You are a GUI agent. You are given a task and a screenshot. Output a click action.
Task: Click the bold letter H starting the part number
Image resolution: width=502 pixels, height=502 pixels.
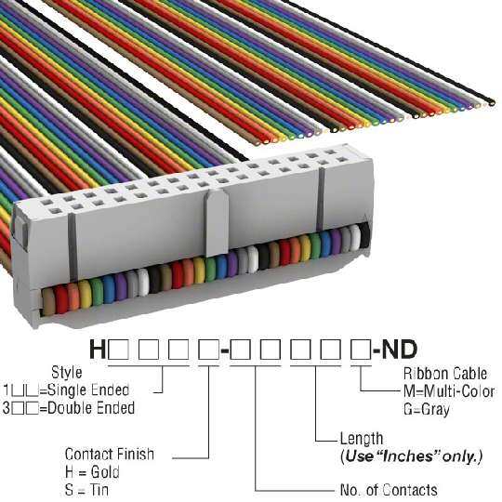click(98, 350)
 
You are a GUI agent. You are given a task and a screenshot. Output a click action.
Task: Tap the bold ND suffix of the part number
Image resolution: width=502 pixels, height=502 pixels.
click(400, 350)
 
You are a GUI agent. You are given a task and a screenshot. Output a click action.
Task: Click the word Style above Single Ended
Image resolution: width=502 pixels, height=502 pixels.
click(67, 373)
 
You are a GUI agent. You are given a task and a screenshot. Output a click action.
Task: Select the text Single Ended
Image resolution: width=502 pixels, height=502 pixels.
click(88, 390)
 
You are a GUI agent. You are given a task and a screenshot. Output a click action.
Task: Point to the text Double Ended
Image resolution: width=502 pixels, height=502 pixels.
click(91, 408)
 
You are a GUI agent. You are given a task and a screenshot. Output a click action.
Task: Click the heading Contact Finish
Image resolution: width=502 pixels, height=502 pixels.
click(110, 454)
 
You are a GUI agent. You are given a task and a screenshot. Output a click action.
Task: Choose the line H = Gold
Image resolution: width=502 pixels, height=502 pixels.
click(92, 472)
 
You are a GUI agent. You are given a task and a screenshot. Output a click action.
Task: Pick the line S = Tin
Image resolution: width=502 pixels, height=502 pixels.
click(86, 490)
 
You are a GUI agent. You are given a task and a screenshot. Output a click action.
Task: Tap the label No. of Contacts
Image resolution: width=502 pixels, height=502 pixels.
click(389, 490)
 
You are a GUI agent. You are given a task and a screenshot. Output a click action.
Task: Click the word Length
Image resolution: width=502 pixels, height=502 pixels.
click(362, 439)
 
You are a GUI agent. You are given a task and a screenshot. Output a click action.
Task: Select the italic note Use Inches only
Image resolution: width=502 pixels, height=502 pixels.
click(412, 456)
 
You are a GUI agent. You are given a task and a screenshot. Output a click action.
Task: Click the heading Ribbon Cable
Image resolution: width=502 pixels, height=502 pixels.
click(445, 374)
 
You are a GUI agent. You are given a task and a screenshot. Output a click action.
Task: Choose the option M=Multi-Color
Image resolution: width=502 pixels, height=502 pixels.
click(449, 391)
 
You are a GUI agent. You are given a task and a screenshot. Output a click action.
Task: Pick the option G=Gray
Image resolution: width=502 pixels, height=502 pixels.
click(426, 409)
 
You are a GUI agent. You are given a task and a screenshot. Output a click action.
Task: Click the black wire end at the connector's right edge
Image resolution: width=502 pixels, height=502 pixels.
click(364, 235)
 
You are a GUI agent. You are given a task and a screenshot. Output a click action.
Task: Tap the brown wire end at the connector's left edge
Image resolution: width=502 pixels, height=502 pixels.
click(48, 301)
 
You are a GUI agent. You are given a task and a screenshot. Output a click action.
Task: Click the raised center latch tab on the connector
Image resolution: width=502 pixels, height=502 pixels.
click(217, 221)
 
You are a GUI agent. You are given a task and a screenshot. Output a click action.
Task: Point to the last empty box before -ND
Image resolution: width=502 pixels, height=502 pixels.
click(361, 350)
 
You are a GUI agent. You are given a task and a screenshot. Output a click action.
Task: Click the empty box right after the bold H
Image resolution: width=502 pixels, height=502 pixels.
click(119, 350)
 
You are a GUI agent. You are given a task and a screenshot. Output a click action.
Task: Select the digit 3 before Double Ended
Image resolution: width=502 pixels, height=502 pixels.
click(7, 408)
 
